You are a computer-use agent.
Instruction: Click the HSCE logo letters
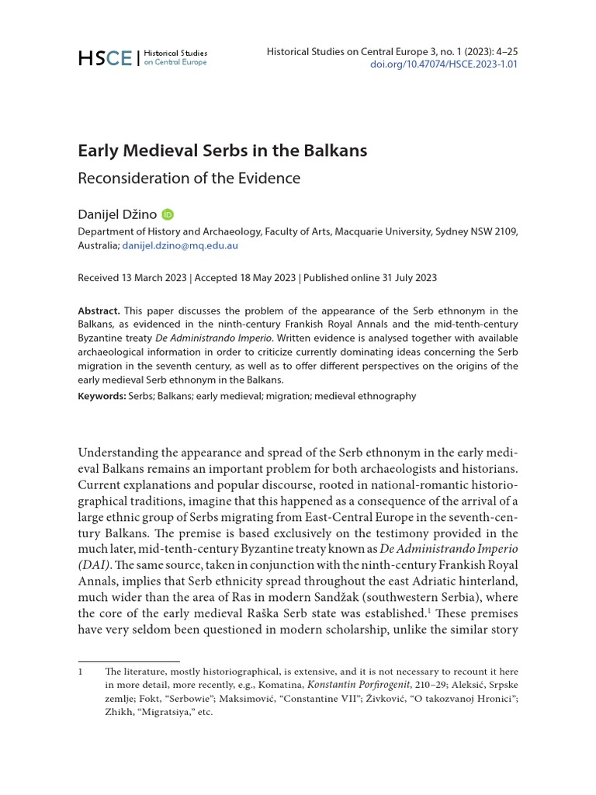tap(105, 57)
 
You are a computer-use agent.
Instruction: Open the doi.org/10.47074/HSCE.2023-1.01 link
tap(445, 64)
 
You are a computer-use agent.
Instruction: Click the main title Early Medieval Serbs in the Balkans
tap(222, 151)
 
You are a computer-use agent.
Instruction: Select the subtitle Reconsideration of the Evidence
tap(189, 178)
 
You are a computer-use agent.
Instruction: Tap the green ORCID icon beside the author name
tap(168, 214)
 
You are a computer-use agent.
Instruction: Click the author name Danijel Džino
tap(117, 214)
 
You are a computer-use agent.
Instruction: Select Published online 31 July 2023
tap(370, 277)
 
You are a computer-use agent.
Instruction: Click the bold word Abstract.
tap(99, 311)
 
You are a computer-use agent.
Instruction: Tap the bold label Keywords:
tap(102, 396)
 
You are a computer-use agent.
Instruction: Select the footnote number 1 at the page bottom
tap(81, 672)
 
